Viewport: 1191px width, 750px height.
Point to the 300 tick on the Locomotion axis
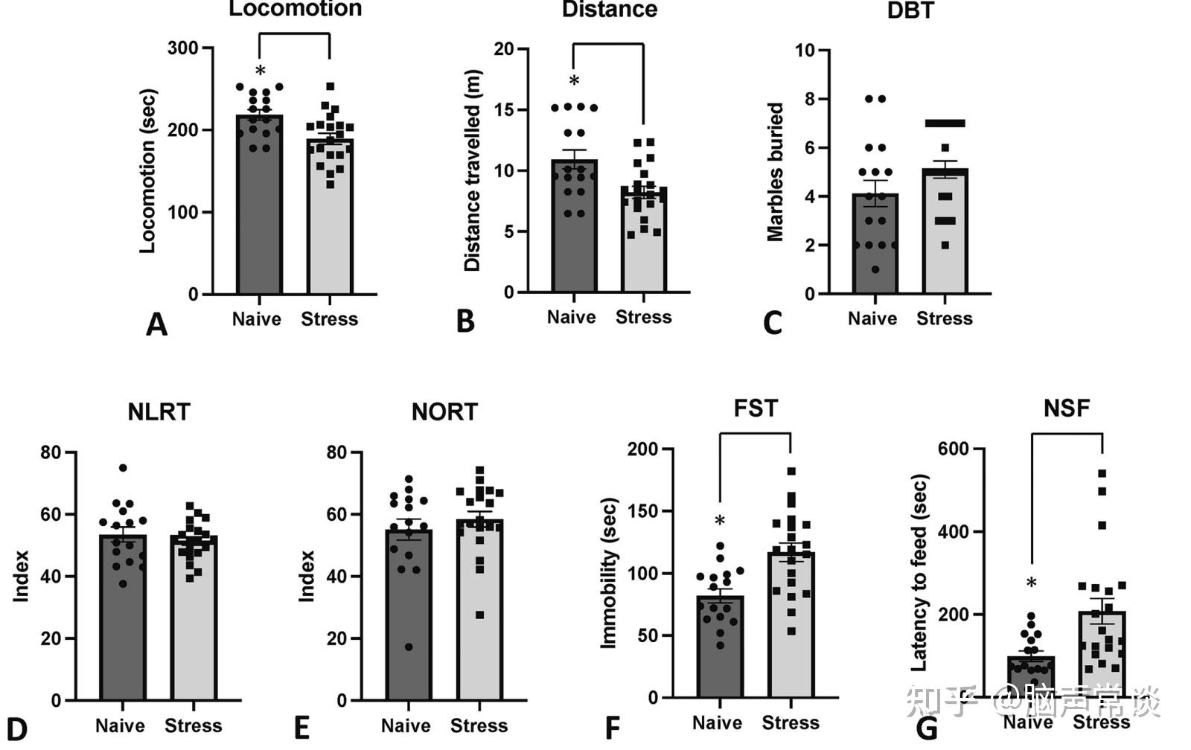pos(183,48)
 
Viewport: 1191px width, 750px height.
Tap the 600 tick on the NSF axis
pos(953,449)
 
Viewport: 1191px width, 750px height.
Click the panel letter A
pos(156,324)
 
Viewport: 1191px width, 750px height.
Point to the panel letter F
pos(612,728)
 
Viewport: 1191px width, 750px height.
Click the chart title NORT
pos(444,412)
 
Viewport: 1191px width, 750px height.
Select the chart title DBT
pos(910,11)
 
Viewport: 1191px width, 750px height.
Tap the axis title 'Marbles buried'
pos(775,172)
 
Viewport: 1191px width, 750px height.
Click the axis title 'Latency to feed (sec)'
pos(919,573)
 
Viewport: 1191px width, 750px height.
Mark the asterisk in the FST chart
pos(720,521)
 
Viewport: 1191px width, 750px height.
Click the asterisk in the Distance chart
pos(574,81)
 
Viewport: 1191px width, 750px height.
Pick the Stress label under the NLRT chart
pos(193,725)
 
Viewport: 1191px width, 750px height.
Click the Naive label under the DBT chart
pos(872,318)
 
